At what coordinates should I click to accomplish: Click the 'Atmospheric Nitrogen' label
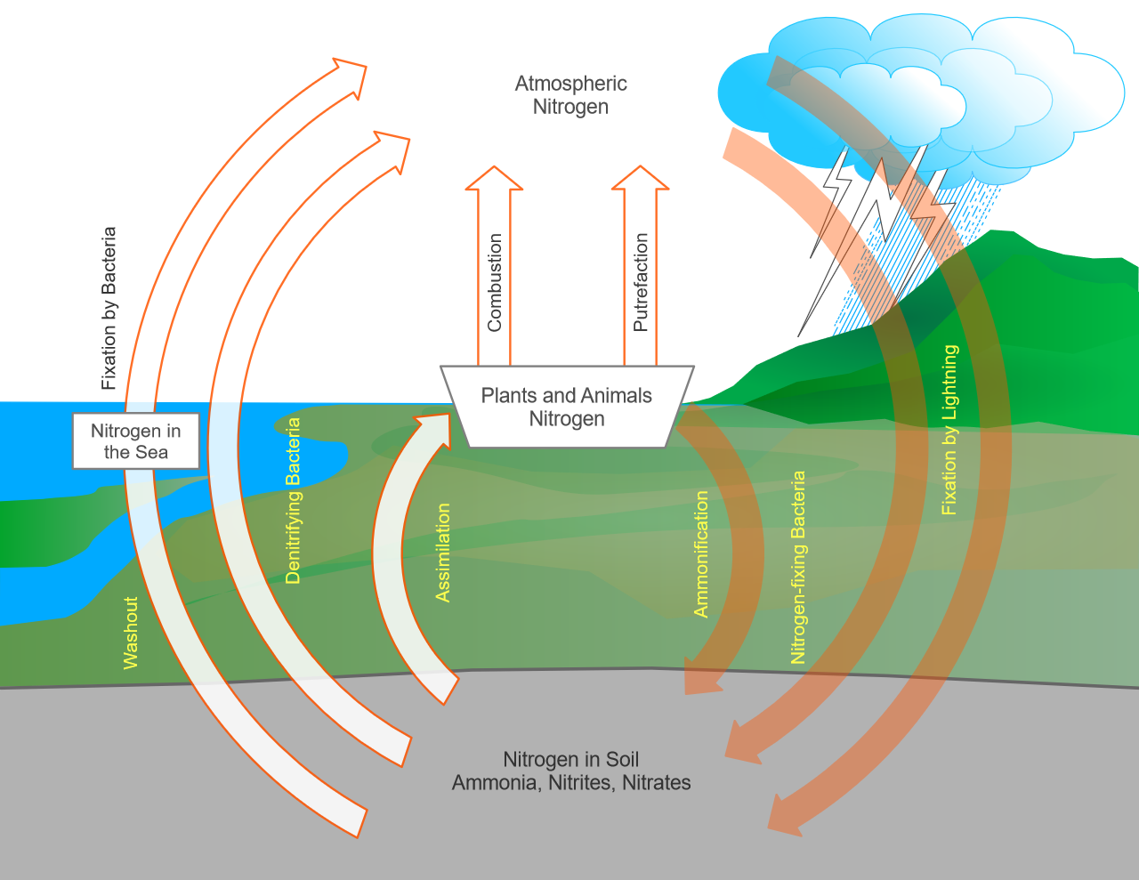coord(570,95)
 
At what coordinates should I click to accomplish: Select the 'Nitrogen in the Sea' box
coord(135,441)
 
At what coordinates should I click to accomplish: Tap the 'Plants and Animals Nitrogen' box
coord(567,408)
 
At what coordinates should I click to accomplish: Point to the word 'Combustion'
coord(495,283)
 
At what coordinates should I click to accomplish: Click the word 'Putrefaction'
coord(641,283)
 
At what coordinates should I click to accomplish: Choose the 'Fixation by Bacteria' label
coord(109,309)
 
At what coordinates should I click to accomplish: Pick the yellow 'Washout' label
coord(131,633)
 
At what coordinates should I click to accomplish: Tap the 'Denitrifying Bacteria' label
coord(293,501)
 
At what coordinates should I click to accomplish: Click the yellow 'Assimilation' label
coord(442,553)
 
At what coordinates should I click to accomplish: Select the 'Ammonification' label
coord(701,553)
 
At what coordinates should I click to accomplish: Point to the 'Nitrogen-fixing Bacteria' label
coord(798,568)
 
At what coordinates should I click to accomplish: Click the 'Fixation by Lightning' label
coord(950,430)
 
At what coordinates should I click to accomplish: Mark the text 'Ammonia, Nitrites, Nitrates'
coord(571,783)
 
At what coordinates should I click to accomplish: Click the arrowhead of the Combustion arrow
coord(494,179)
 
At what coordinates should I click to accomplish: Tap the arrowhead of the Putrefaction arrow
coord(640,179)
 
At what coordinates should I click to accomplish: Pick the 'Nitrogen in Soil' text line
coord(571,759)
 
